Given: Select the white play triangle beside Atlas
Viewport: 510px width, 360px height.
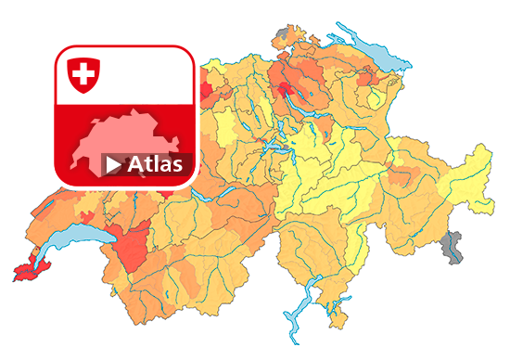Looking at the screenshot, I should tap(113, 165).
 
